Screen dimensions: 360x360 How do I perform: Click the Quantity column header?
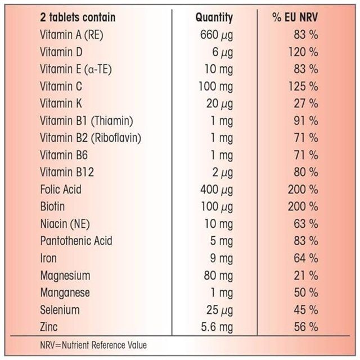click(x=214, y=17)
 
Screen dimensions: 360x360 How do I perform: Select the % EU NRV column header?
click(x=295, y=17)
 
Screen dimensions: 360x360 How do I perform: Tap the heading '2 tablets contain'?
click(x=78, y=17)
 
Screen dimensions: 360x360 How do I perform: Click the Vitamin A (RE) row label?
click(x=71, y=35)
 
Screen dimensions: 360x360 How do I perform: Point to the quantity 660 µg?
click(x=216, y=35)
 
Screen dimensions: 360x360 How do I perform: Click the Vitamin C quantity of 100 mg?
click(x=215, y=87)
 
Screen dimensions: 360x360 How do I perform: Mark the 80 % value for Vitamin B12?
click(x=305, y=172)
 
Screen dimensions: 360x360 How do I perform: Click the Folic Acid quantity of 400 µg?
click(x=215, y=190)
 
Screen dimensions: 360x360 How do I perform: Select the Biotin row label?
click(x=53, y=206)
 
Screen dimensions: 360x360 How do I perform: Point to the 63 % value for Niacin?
click(x=305, y=224)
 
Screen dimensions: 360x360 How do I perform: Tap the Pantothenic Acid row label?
click(x=76, y=241)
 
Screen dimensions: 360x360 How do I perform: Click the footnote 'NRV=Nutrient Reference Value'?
click(x=93, y=344)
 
